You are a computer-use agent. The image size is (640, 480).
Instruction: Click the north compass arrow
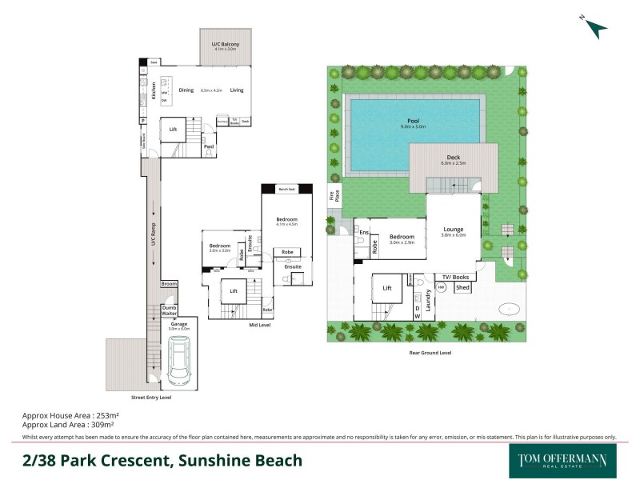click(x=595, y=28)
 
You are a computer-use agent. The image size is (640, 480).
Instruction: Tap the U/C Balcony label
click(x=225, y=45)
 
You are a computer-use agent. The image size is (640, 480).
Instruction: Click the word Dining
click(x=186, y=90)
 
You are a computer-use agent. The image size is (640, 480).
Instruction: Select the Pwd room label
click(x=208, y=146)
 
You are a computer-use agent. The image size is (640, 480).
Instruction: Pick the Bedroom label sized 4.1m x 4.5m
click(x=286, y=221)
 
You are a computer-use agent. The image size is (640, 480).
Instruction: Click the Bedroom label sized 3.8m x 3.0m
click(x=220, y=247)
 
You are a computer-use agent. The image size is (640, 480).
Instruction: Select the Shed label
click(x=462, y=287)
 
